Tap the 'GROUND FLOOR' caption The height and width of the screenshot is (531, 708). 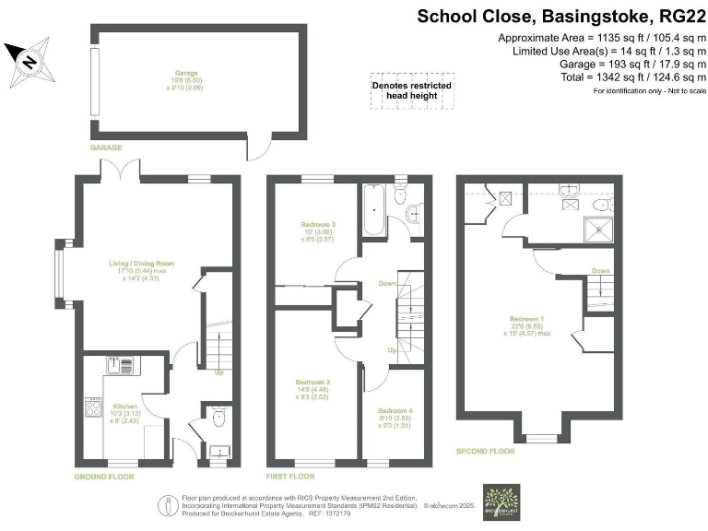click(x=104, y=477)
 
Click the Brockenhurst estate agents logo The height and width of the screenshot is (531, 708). click(x=502, y=502)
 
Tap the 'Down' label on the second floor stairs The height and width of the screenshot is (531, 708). click(x=601, y=271)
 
